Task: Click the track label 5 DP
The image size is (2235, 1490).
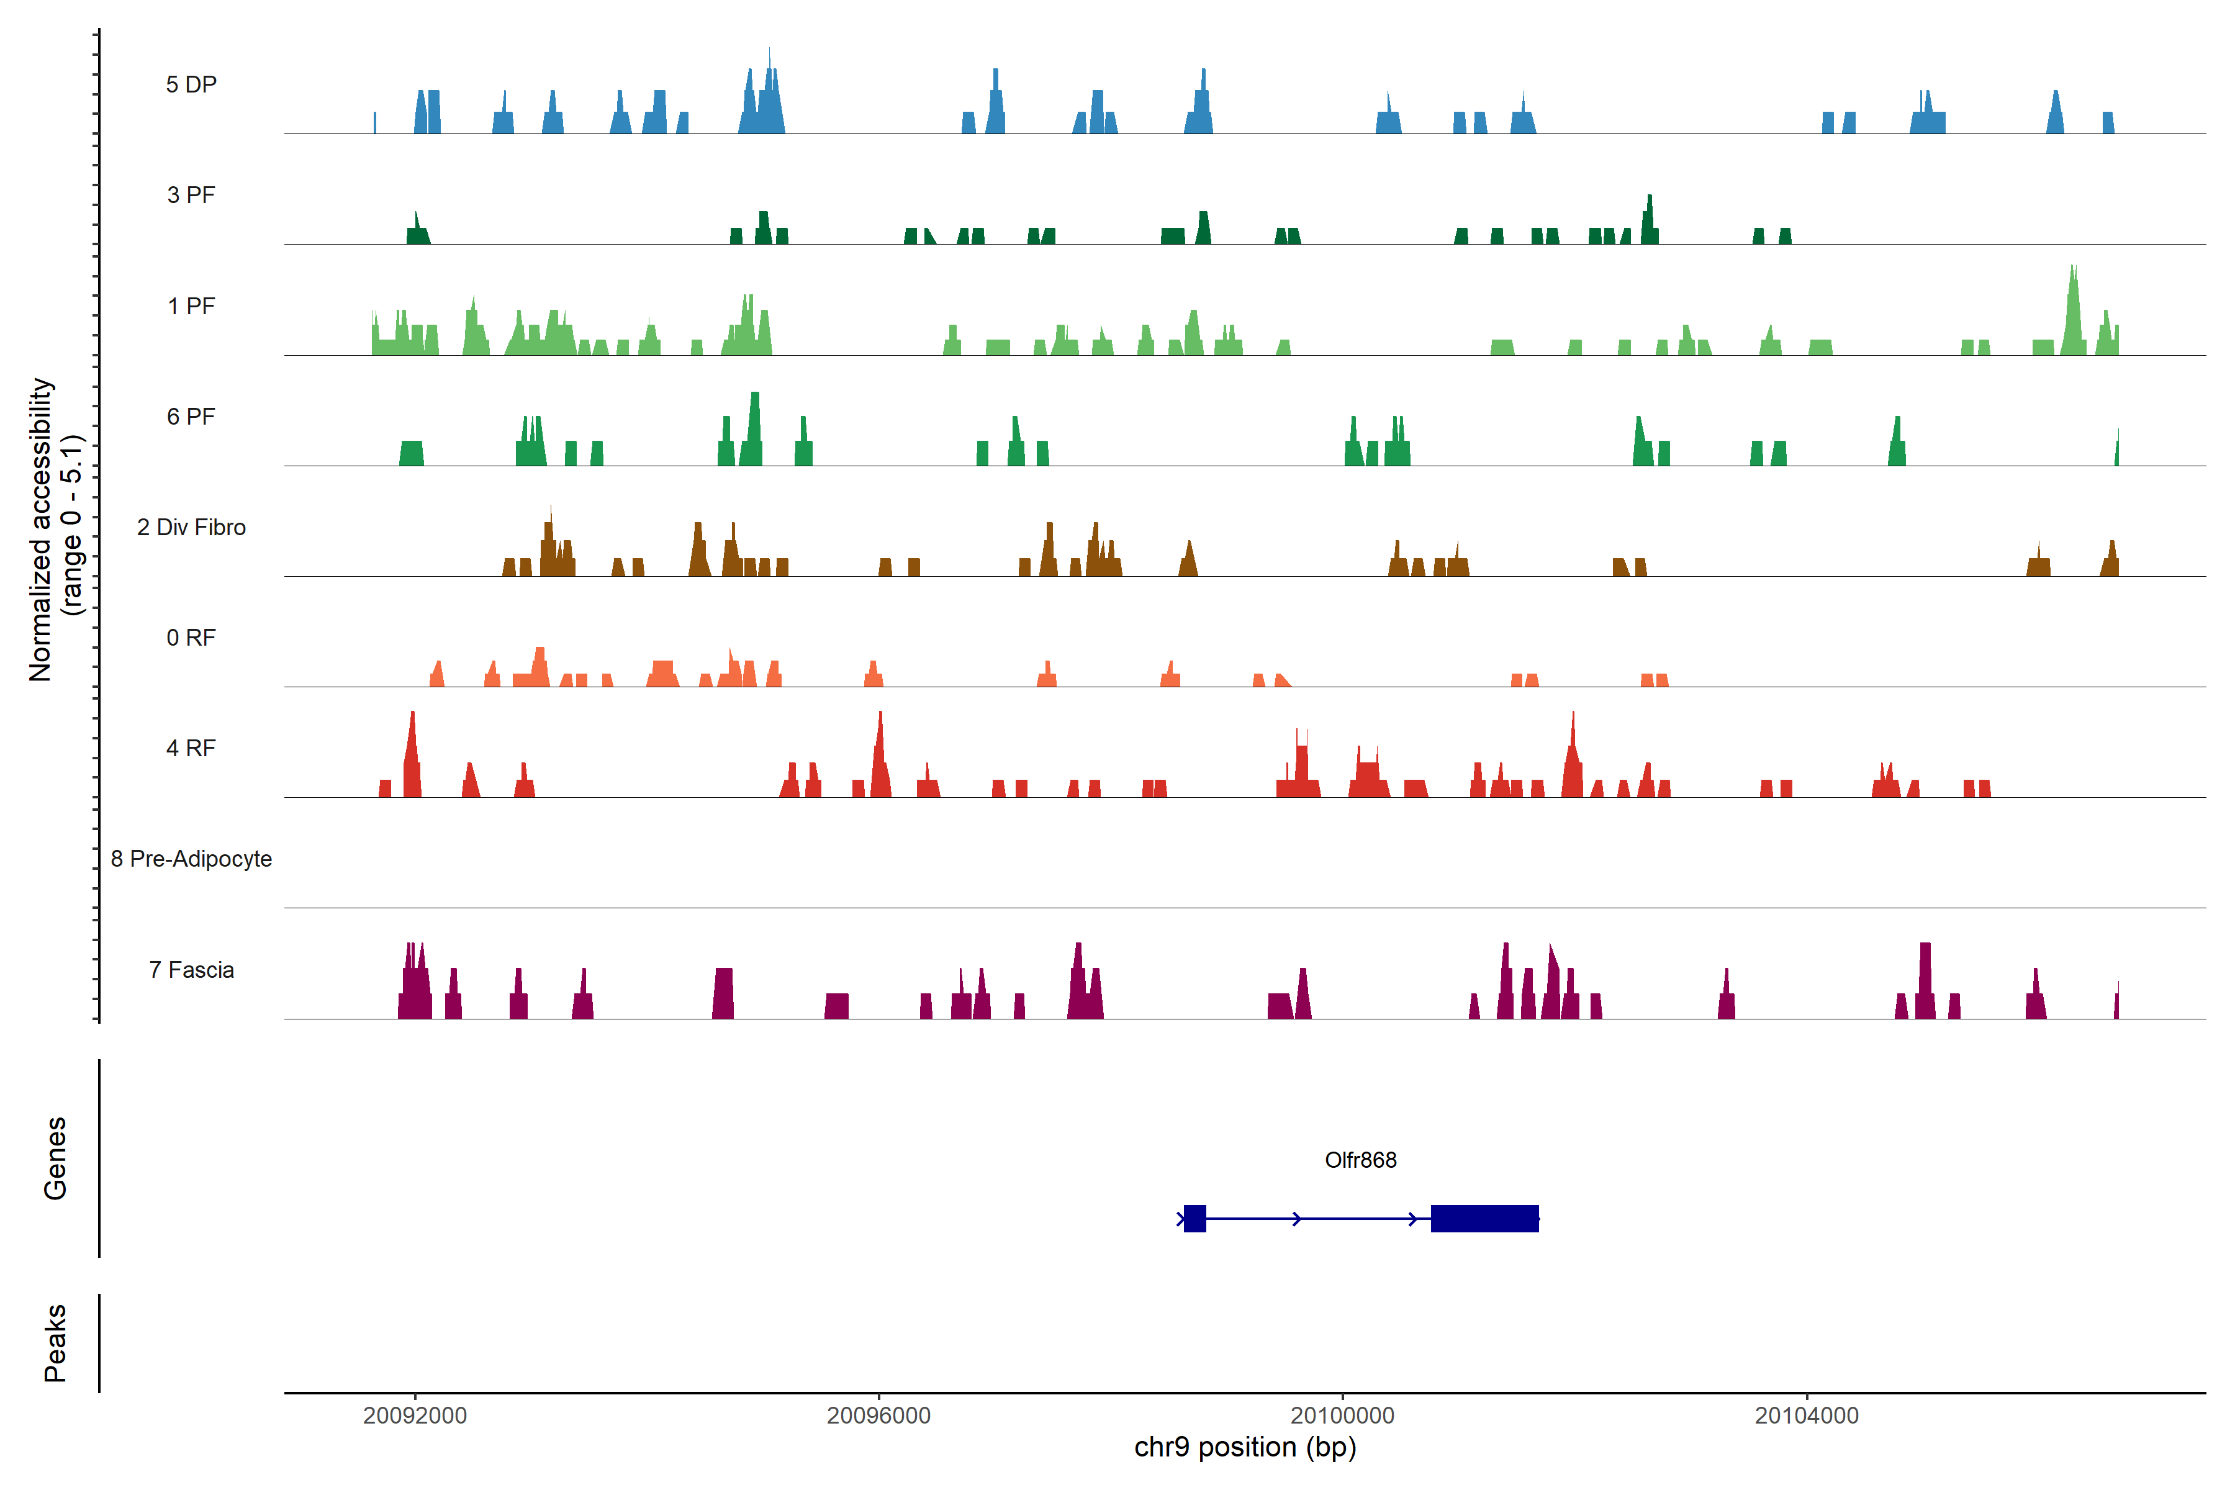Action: (191, 84)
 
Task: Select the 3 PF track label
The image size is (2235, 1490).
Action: (191, 195)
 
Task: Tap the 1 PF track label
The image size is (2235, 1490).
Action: (191, 306)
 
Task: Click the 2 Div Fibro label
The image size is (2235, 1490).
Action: (191, 527)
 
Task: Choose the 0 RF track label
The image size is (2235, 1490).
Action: (191, 638)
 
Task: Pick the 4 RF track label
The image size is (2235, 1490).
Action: (191, 748)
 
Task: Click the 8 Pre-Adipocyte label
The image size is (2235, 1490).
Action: (191, 859)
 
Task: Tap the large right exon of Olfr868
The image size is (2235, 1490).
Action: (1484, 1218)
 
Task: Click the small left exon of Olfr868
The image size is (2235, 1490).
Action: (1194, 1218)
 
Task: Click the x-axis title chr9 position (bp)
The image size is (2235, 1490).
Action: (1245, 1447)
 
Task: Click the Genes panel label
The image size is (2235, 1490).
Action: (55, 1158)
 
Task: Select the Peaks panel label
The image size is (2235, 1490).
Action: (55, 1343)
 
